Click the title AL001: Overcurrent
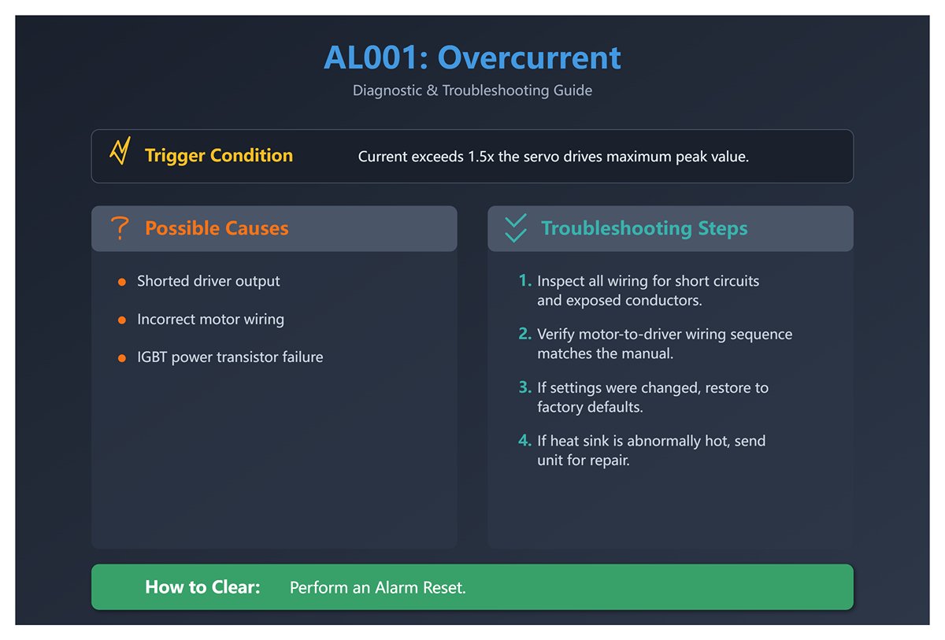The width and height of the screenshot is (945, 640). [x=472, y=58]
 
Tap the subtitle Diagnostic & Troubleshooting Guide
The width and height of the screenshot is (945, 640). [x=472, y=91]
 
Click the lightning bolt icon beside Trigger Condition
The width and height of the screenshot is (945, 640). [x=120, y=152]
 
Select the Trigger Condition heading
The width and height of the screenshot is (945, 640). [x=218, y=156]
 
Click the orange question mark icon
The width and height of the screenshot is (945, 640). [x=120, y=228]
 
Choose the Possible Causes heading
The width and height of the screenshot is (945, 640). [x=217, y=228]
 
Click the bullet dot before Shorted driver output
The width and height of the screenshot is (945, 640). [x=121, y=282]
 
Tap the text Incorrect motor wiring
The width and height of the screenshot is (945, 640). [x=210, y=320]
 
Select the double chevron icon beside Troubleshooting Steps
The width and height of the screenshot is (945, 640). [x=515, y=228]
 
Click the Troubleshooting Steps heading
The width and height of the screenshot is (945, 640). [x=644, y=228]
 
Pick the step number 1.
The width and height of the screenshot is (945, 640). [x=524, y=281]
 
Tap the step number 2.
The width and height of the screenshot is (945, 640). [x=524, y=335]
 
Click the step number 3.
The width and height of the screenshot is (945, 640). [x=524, y=388]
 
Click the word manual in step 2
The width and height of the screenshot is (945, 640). [x=647, y=354]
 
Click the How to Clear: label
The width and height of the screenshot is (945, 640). [x=202, y=587]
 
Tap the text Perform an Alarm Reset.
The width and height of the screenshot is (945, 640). [x=378, y=588]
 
